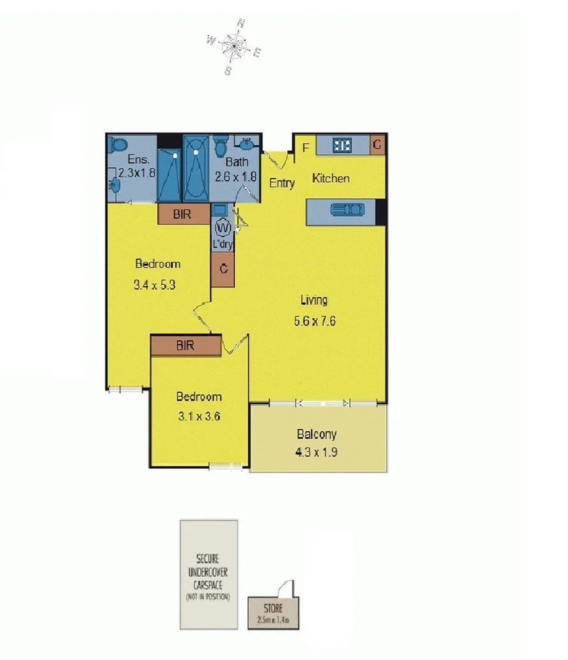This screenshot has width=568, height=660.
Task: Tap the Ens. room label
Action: coord(138,159)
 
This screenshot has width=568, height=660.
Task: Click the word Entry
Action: coord(281,183)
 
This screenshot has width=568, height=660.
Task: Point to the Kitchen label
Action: coord(331,178)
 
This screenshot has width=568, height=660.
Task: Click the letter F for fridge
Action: coord(306,148)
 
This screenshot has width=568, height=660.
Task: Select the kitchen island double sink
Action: coord(347,210)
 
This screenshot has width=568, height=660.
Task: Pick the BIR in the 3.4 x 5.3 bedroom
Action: coord(183,215)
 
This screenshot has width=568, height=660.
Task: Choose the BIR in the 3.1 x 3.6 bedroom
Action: coord(185,345)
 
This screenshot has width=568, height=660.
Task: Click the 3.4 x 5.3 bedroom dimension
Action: coord(154,286)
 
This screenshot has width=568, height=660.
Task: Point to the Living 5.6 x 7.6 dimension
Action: coord(315,321)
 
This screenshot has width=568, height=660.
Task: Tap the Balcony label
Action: coord(317,435)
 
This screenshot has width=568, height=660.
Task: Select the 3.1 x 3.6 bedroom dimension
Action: coord(198,416)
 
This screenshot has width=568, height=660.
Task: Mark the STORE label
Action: coord(272,608)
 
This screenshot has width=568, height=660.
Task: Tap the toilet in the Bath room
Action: coord(219,146)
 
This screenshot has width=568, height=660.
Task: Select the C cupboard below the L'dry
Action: coord(223,269)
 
